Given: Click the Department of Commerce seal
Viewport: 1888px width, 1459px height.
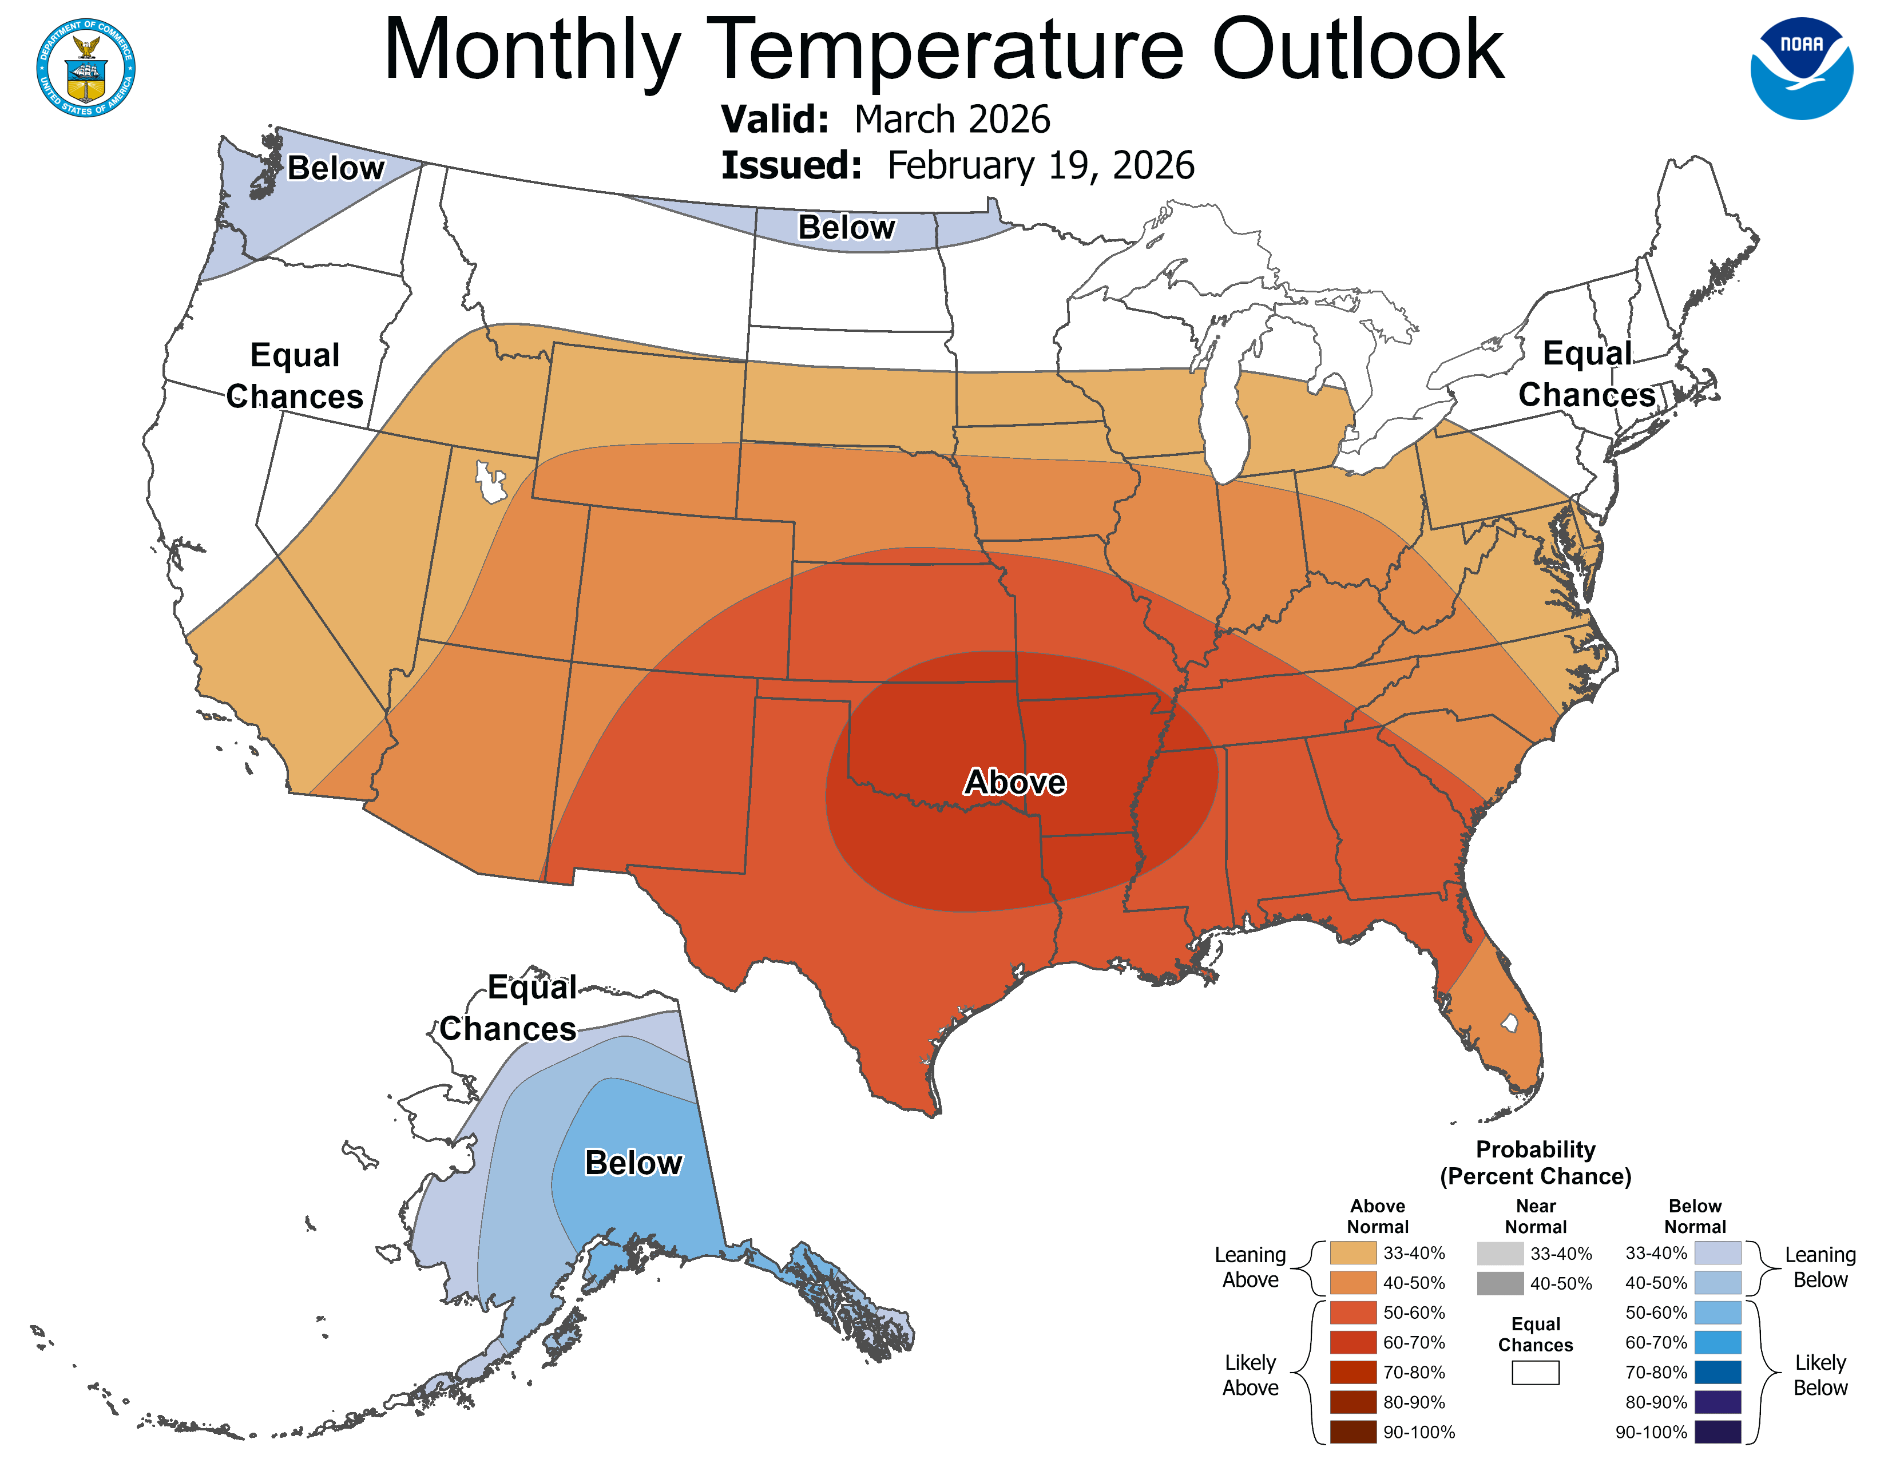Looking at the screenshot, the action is click(86, 68).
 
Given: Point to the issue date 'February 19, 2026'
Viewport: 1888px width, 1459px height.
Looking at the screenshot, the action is click(1040, 165).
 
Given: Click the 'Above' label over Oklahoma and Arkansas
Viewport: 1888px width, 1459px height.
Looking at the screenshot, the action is click(1015, 782).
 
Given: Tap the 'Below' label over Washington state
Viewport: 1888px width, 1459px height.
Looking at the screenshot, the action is click(335, 168).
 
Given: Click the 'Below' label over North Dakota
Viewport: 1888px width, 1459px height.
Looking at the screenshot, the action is click(846, 227).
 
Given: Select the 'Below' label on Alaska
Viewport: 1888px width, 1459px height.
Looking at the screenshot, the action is click(634, 1163).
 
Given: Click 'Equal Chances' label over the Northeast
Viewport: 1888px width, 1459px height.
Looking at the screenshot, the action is click(1586, 374).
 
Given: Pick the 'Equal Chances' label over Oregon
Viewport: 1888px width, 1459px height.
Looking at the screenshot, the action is click(295, 375).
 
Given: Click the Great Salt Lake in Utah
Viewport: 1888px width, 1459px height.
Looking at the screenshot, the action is click(490, 482).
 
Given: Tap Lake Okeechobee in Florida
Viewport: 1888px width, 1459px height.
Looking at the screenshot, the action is click(1509, 1024).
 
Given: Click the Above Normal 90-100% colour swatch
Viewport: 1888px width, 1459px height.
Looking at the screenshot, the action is click(1353, 1432).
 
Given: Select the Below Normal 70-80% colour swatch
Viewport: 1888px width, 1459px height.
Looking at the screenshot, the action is click(1717, 1373).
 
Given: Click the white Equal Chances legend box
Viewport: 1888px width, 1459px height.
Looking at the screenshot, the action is click(1536, 1373).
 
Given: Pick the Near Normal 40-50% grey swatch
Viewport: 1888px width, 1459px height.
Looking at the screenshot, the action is click(1500, 1283).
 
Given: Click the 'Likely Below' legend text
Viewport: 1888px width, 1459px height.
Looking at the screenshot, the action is click(1820, 1375).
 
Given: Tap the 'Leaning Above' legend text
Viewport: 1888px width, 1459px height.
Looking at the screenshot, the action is click(1250, 1267).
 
